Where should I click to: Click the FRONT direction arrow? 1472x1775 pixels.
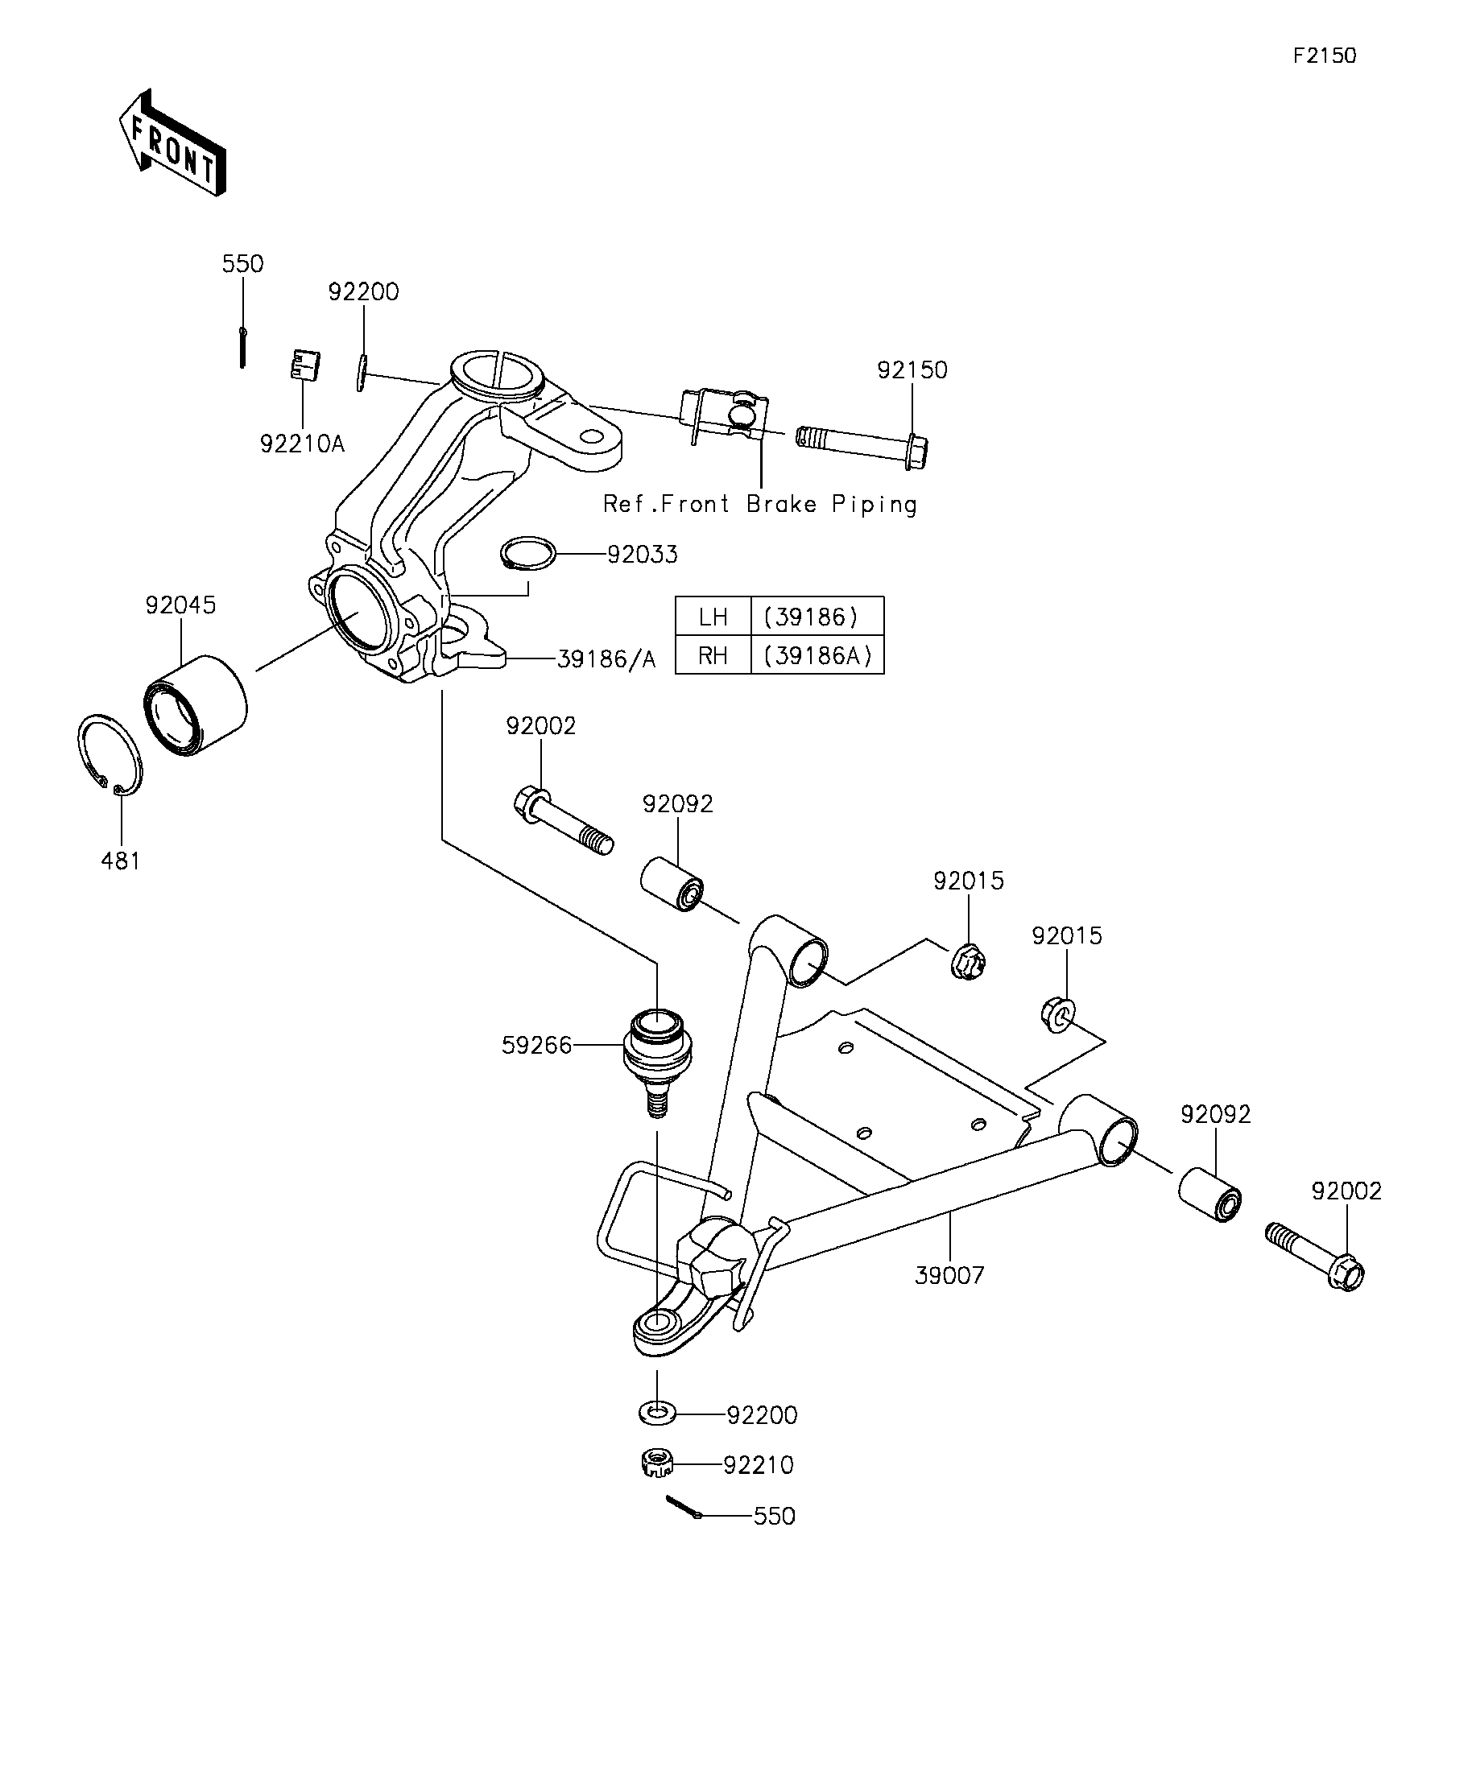point(172,142)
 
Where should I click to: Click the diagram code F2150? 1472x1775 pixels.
point(1324,56)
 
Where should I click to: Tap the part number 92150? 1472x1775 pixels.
point(912,370)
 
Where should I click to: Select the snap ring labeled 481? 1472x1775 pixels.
point(110,755)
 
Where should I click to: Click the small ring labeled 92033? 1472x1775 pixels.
point(527,554)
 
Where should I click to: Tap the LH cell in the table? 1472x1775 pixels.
point(713,616)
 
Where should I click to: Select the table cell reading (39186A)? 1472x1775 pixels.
point(817,655)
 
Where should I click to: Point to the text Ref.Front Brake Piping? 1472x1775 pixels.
point(759,505)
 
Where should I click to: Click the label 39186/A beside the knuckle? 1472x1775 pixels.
point(606,659)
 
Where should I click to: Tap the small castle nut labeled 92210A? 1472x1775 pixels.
point(305,365)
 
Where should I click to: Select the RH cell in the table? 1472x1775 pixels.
point(713,655)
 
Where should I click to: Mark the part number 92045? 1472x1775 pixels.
point(180,605)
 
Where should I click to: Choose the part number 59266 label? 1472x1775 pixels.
point(536,1046)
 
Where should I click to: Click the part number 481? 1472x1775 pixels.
point(120,861)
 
